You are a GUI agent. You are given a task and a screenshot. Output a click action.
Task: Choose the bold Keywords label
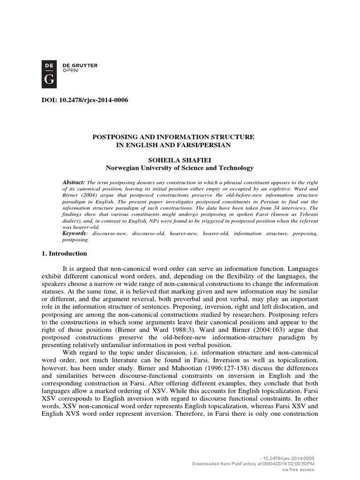click(x=74, y=233)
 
